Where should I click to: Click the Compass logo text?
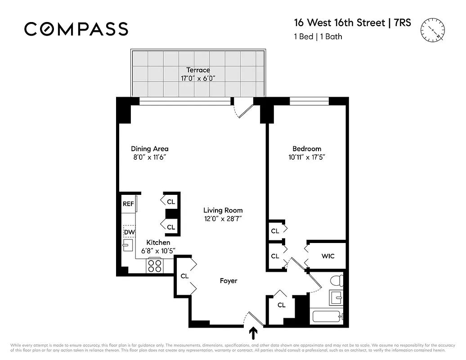pos(76,29)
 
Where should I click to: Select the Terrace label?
pos(198,70)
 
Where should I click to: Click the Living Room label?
pos(223,210)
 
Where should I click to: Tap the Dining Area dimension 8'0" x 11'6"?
pos(149,157)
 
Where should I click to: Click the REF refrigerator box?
pos(128,204)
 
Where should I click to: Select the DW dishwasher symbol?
pos(129,232)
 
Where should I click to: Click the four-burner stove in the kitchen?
pos(155,266)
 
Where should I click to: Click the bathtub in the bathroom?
pos(327,316)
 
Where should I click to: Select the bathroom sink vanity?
pos(336,297)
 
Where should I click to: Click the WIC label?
pos(327,256)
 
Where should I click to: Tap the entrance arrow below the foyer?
pos(253,333)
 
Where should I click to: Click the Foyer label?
pos(228,281)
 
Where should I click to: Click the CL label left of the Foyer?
pos(184,276)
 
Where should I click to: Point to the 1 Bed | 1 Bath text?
pos(318,36)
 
